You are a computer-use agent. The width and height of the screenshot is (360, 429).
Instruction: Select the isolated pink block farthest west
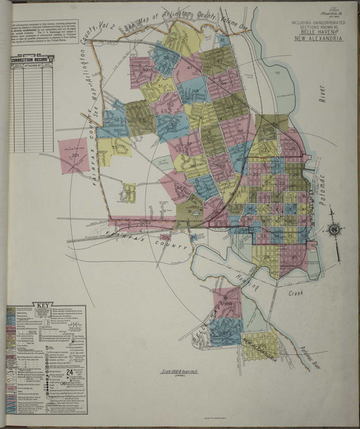(74, 155)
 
